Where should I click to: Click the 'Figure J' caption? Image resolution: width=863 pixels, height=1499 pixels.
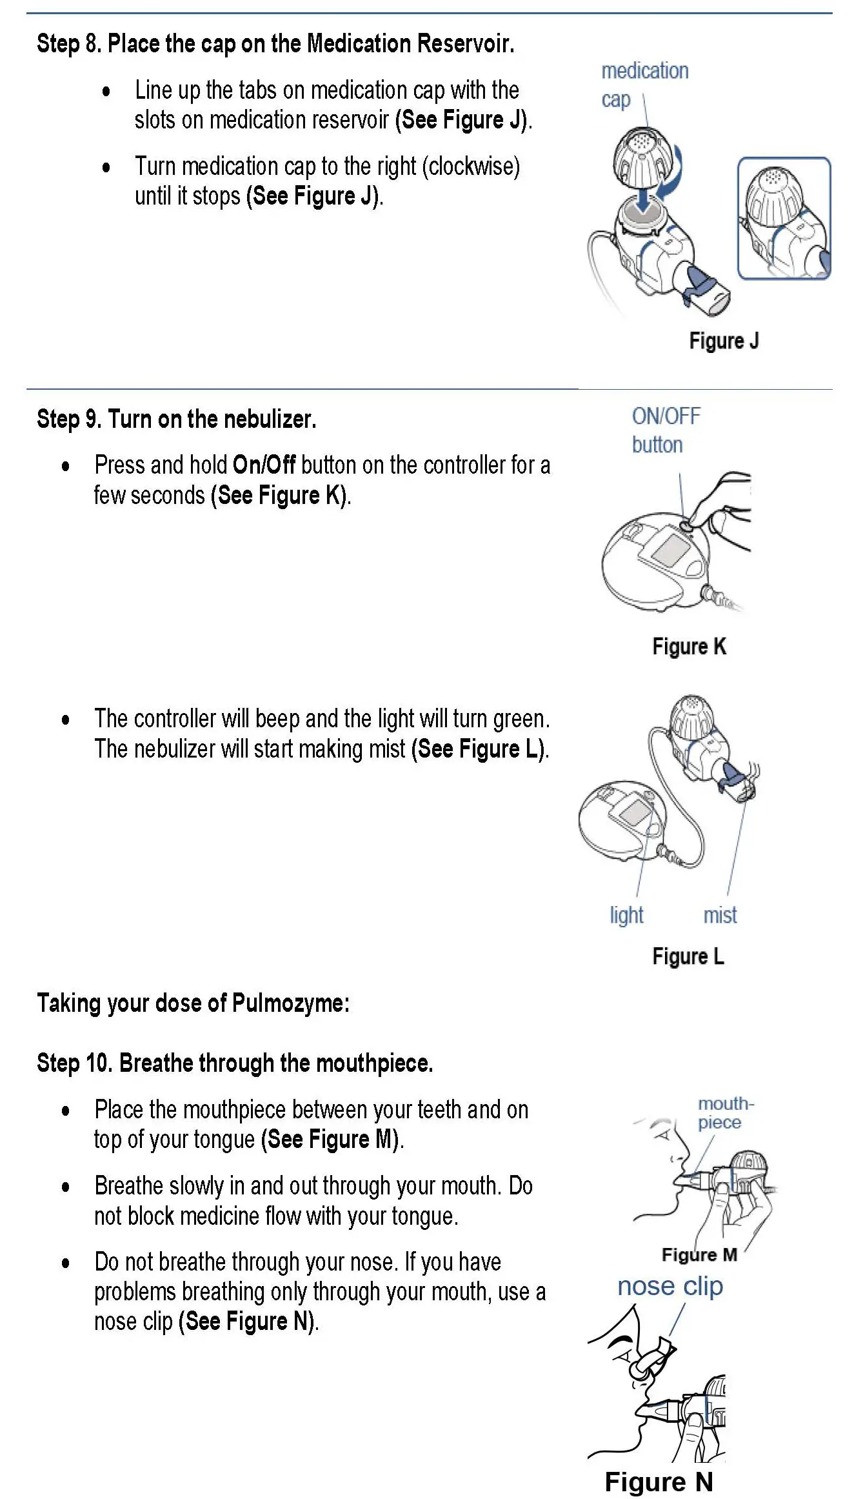pos(724,341)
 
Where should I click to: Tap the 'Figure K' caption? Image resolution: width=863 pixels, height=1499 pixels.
pos(689,647)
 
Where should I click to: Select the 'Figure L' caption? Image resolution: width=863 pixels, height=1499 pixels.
pos(688,956)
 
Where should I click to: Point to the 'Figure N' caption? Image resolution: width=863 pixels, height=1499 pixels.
pos(659,1482)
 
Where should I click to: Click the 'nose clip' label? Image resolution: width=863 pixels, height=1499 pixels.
pos(670,1286)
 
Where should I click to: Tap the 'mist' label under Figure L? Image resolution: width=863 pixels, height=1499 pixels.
pos(720,915)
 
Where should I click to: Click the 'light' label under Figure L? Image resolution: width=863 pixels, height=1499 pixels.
pos(626,915)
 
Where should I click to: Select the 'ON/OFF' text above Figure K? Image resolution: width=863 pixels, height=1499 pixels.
pos(666,416)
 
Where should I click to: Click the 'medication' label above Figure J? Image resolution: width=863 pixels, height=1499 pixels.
pos(645,70)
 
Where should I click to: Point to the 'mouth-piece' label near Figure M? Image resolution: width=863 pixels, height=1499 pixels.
pos(724,1113)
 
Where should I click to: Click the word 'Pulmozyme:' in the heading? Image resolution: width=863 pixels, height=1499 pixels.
pos(290,1003)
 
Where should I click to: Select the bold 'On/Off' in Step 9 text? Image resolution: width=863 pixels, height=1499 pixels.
pos(264,465)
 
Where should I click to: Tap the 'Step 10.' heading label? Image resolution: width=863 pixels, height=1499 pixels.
pos(75,1063)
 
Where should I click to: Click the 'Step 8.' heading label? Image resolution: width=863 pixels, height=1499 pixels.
pos(69,44)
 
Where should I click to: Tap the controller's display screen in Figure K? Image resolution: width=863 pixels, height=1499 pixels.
pos(671,548)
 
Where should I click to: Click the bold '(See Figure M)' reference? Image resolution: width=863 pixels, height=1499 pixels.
pos(332,1140)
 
